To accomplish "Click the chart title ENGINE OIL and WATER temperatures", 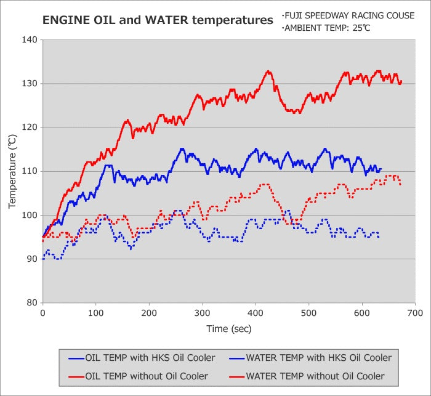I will pos(157,20).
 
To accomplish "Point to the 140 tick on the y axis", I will pos(30,40).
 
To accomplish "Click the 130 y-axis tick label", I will pos(30,84).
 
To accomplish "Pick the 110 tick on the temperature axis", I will pos(30,171).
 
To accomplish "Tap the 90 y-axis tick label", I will pos(32,259).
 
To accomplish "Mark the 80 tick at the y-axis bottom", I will pos(32,302).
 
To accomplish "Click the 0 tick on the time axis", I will pos(42,313).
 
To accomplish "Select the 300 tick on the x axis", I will pos(202,313).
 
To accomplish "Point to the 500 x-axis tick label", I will pos(308,313).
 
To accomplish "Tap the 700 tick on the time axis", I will pos(415,313).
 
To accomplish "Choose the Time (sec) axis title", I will pos(228,329).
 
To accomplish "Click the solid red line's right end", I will pos(401,81).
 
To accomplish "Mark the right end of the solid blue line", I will pos(381,169).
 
